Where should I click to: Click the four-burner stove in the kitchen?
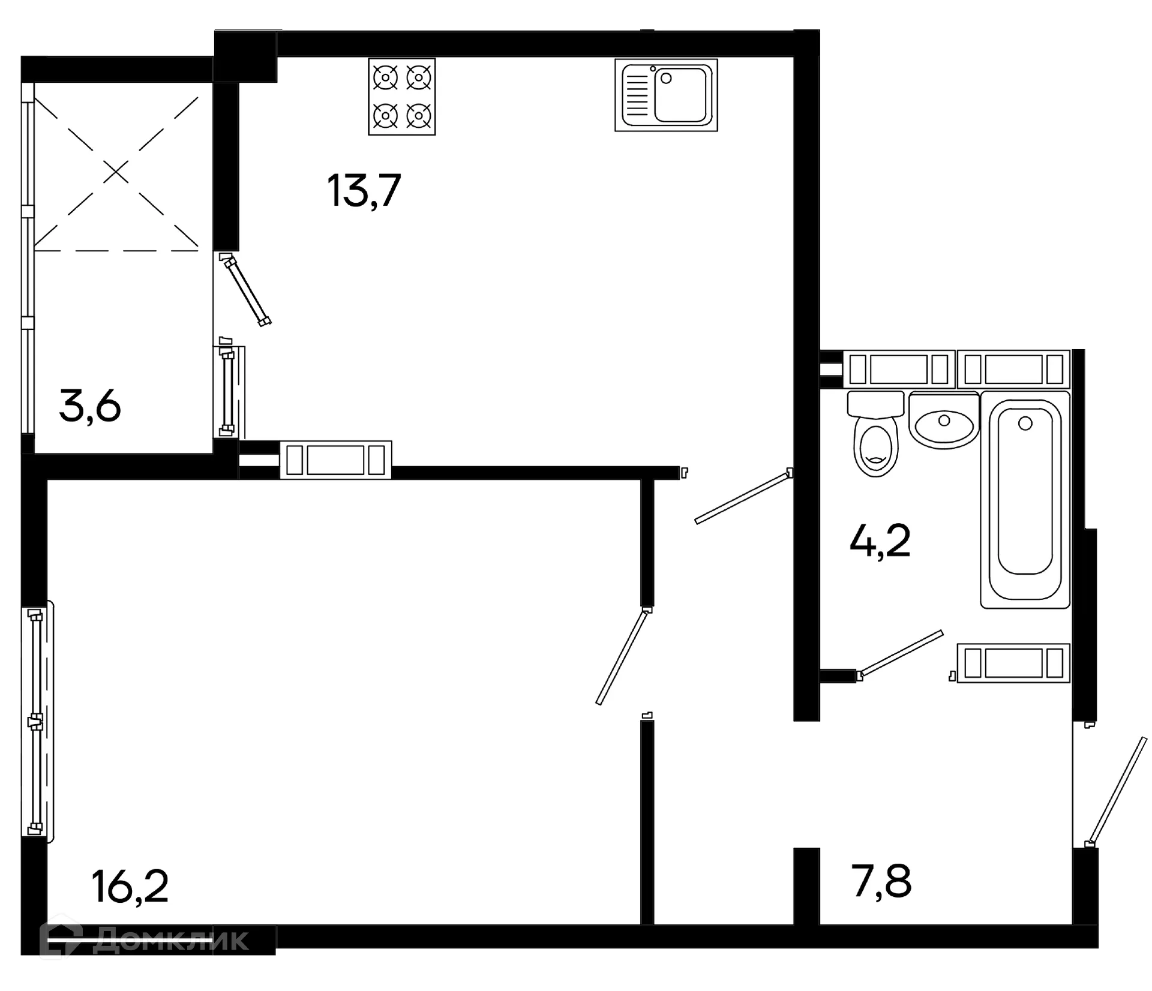tap(401, 97)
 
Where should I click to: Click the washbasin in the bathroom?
tap(944, 421)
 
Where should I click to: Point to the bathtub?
tap(1025, 500)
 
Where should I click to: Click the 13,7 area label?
tap(364, 190)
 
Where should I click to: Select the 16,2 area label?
tap(130, 887)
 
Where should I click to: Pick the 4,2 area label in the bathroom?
tap(880, 540)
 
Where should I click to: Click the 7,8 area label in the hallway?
tap(881, 881)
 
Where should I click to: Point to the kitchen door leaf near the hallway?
tap(743, 497)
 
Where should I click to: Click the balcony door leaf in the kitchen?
tap(246, 290)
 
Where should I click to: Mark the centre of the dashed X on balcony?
tap(116, 173)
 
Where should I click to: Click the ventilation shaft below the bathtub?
tap(1013, 663)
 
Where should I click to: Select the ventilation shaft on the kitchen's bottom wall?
tap(336, 460)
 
